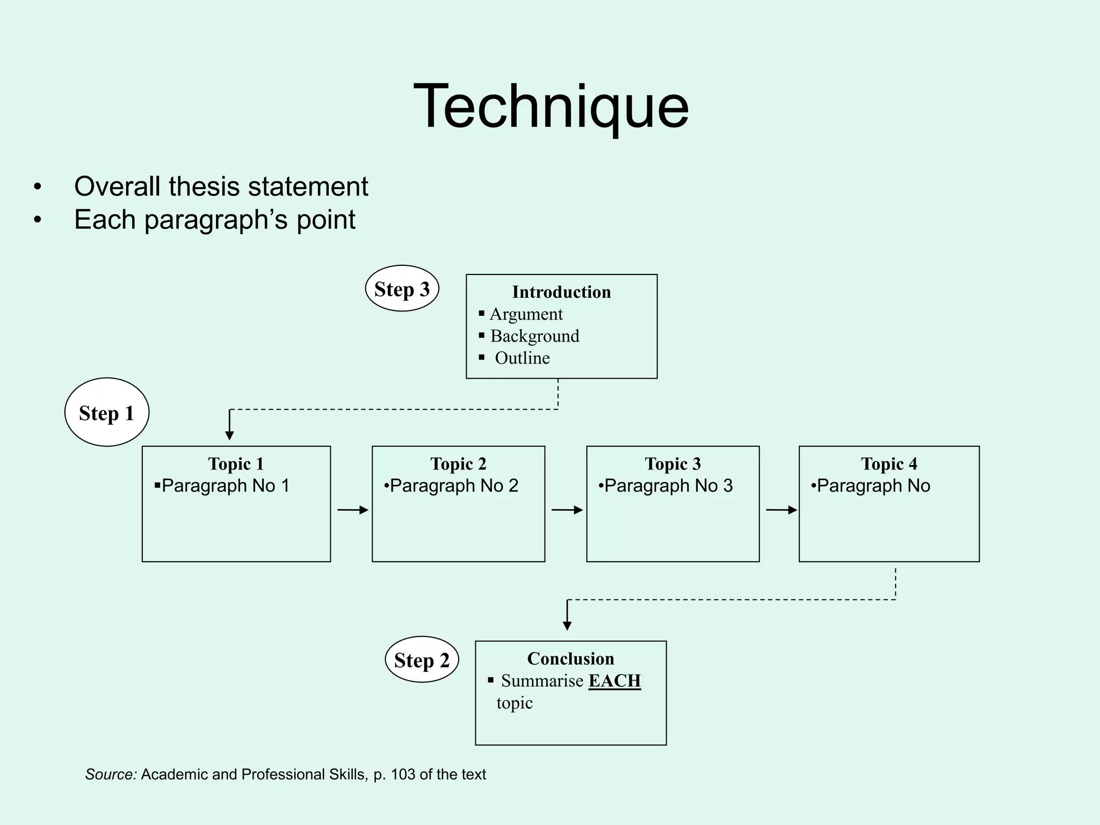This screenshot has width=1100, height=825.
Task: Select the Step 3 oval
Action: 402,289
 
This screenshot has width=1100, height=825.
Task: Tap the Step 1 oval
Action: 106,412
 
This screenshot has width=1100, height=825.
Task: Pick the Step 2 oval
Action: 422,660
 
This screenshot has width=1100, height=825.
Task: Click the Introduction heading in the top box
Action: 561,292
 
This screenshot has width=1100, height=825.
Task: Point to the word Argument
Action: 526,314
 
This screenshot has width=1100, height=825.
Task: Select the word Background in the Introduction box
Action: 534,336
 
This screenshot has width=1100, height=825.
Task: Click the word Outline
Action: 522,358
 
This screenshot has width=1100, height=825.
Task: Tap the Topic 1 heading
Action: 236,464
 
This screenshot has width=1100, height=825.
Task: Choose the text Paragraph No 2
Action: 454,486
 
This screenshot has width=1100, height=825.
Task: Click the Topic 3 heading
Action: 672,464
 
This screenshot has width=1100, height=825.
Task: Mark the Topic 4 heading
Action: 889,464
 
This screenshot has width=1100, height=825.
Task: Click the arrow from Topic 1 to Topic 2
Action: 352,510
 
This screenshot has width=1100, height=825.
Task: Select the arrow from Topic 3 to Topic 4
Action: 781,510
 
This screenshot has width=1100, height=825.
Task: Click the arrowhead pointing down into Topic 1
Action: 229,435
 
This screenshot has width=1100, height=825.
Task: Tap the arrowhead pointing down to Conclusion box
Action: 567,625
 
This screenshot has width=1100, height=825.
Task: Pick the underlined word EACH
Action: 614,681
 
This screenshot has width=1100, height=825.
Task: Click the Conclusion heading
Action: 570,658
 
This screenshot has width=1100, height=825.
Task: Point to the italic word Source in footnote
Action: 111,775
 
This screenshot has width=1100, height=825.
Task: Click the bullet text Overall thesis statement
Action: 221,186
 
